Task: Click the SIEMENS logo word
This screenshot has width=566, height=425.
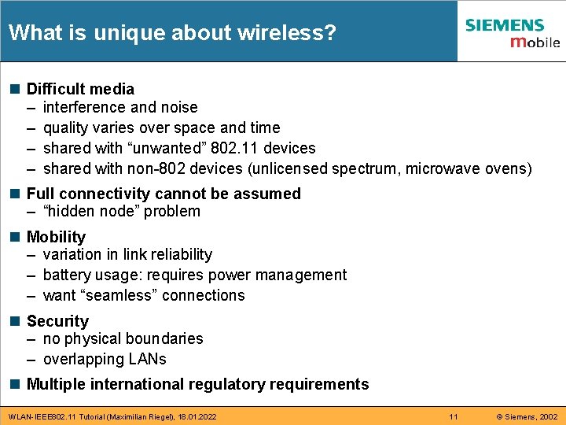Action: click(x=504, y=25)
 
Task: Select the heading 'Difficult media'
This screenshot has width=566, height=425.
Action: click(x=80, y=89)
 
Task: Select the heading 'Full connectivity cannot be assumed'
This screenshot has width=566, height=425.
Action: click(x=164, y=194)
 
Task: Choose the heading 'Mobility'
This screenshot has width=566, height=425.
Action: click(x=56, y=237)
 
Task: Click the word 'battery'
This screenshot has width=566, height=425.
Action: click(x=68, y=275)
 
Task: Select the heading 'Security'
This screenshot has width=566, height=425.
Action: click(x=57, y=321)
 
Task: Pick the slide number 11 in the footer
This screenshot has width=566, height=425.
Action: click(x=453, y=416)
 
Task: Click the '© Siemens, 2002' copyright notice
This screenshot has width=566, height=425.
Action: click(x=527, y=416)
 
